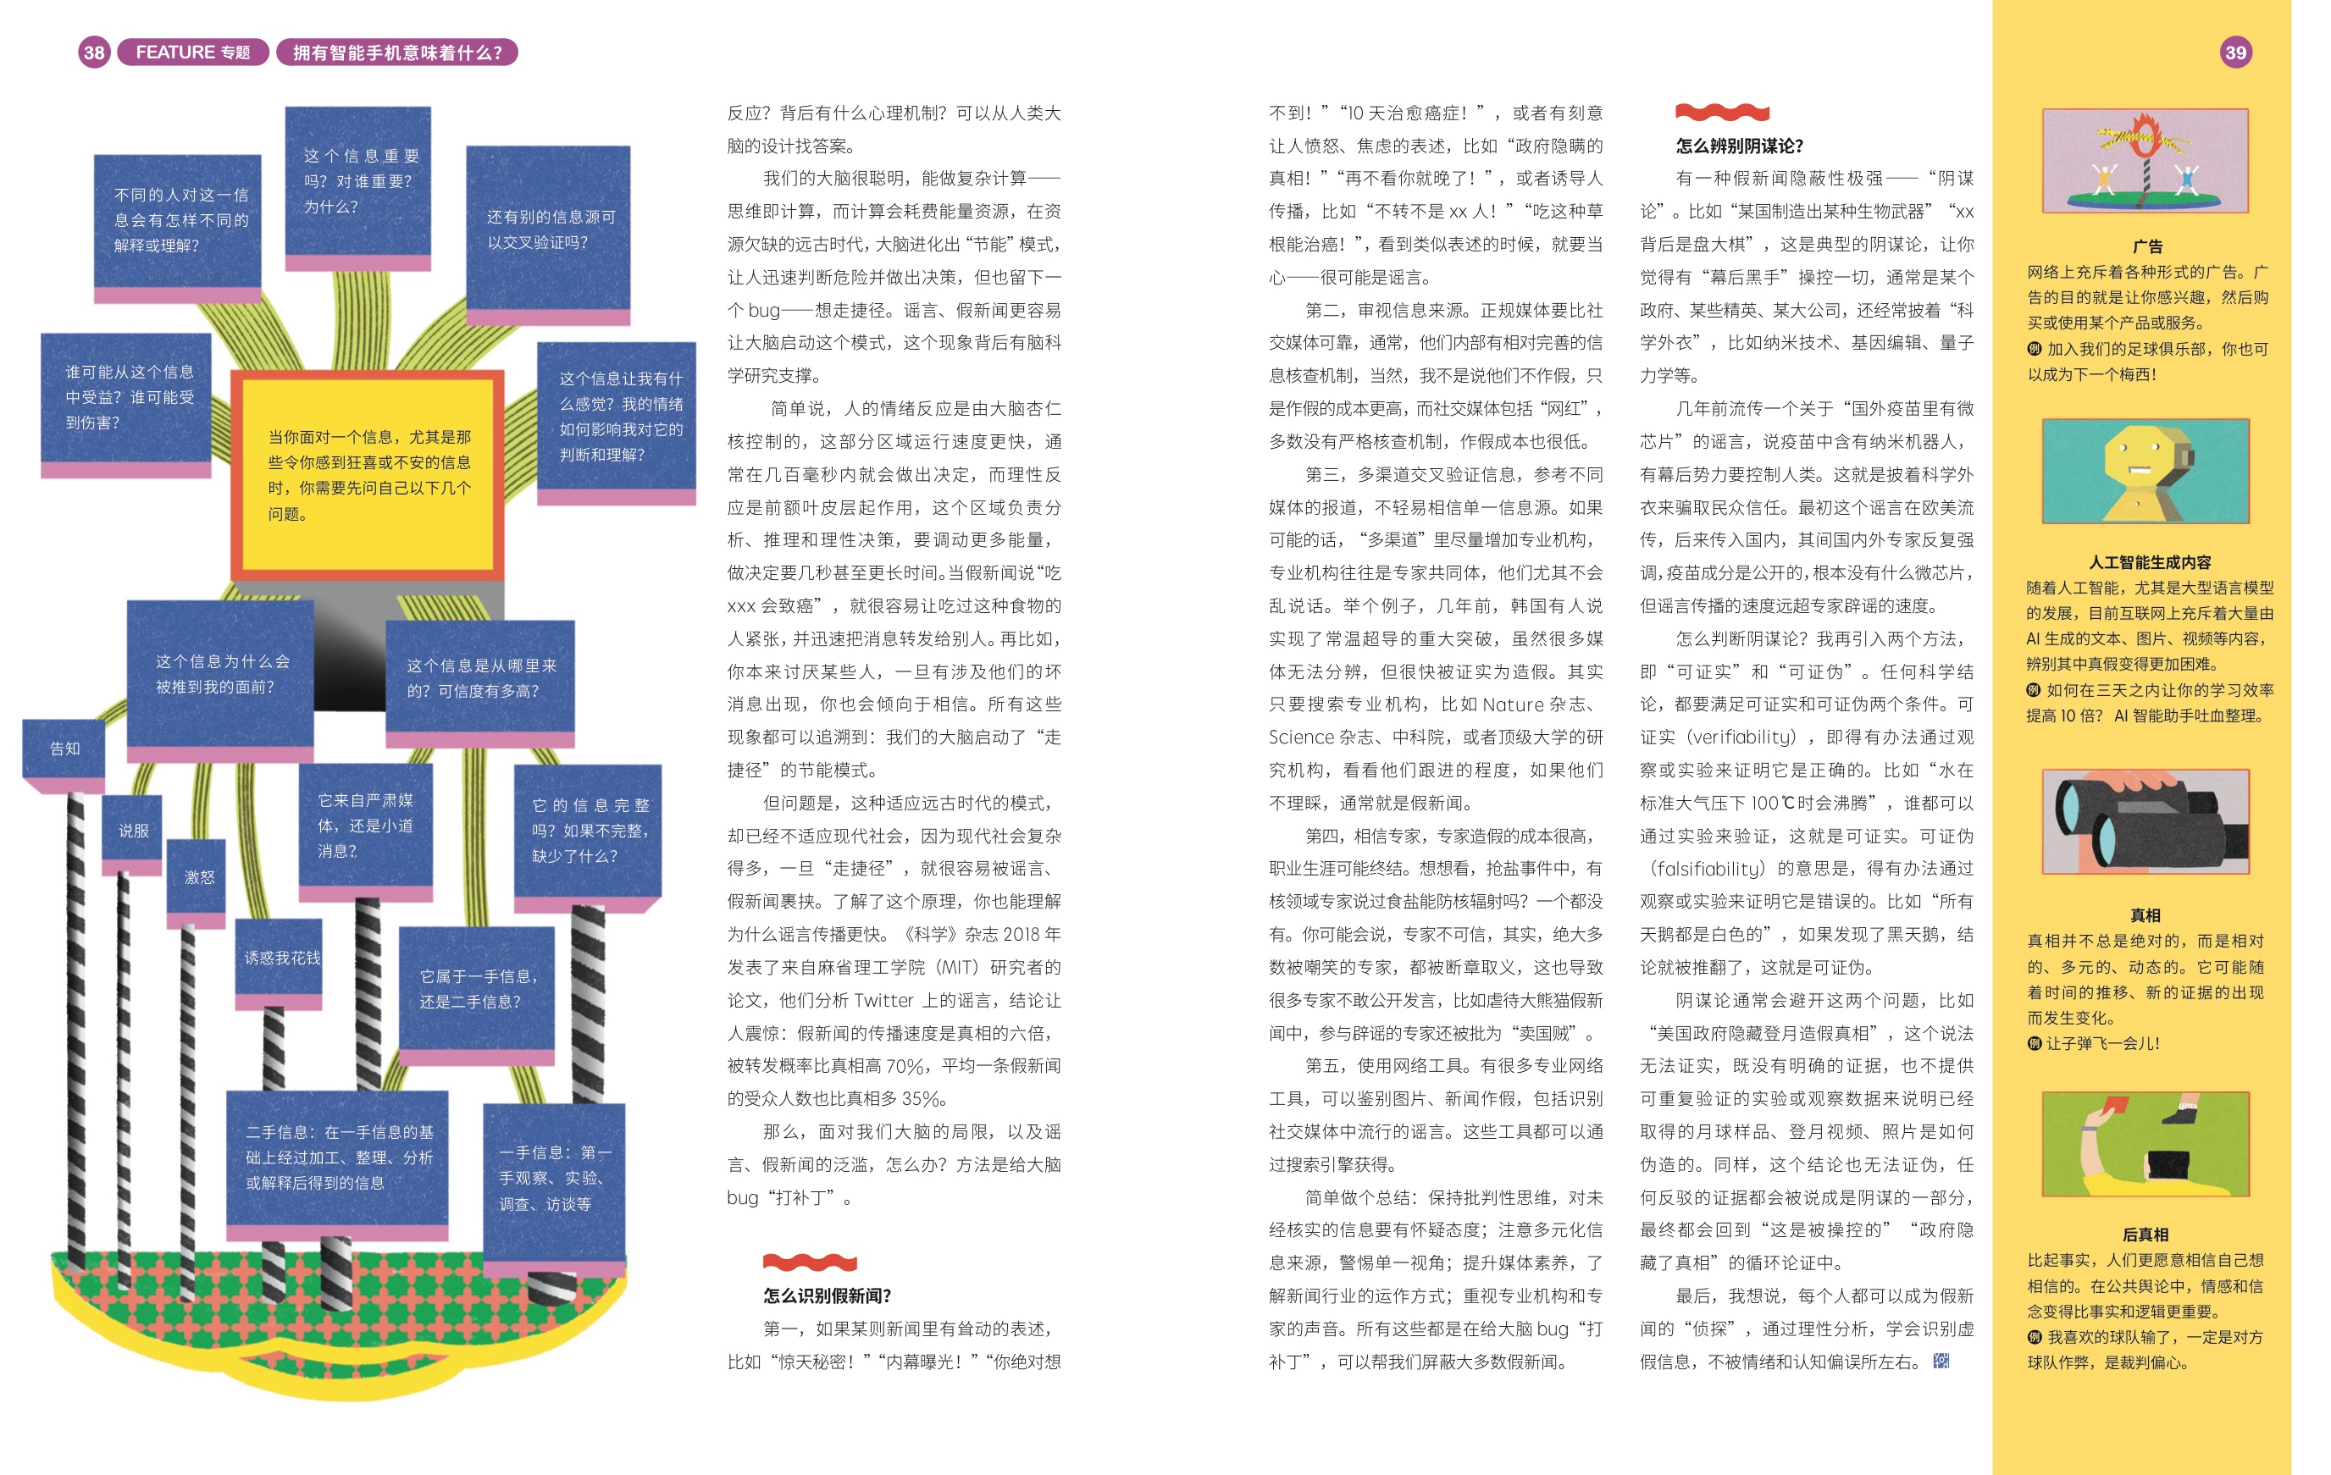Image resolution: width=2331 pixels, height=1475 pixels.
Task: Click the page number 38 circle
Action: point(94,52)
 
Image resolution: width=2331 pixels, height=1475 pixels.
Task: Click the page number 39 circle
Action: point(2235,52)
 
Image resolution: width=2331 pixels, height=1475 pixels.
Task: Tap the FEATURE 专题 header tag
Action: point(192,52)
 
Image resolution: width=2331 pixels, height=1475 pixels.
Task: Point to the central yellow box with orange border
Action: point(368,474)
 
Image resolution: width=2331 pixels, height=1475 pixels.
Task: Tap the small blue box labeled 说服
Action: point(134,831)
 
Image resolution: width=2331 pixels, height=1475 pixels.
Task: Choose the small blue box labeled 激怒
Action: point(198,877)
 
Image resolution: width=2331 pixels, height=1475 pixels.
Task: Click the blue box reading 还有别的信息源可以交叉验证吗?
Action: point(549,229)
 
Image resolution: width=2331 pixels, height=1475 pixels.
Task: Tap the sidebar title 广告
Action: point(2147,246)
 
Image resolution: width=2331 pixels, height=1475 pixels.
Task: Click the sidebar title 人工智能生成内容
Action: point(2149,562)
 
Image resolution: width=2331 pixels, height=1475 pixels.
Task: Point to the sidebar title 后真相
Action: point(2146,1234)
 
